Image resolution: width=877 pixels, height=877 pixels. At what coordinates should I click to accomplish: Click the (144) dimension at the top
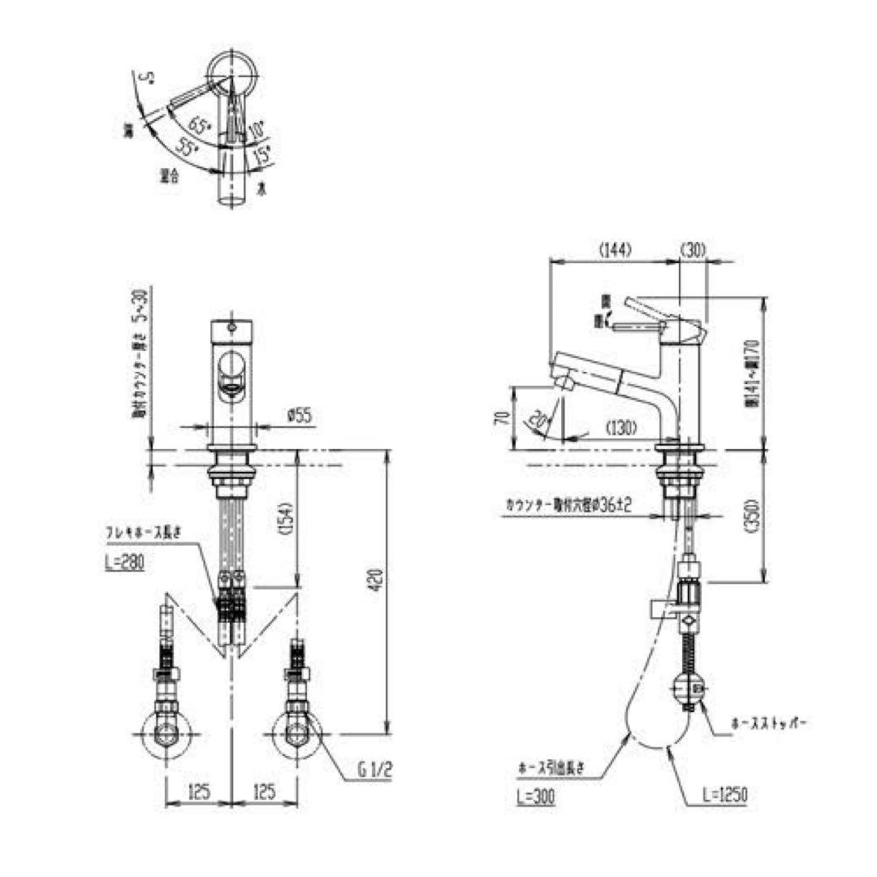615,250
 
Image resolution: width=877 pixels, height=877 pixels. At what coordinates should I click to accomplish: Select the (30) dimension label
693,250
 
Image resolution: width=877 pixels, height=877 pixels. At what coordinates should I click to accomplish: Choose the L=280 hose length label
124,562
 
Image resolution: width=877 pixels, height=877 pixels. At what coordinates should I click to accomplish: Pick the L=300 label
534,797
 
